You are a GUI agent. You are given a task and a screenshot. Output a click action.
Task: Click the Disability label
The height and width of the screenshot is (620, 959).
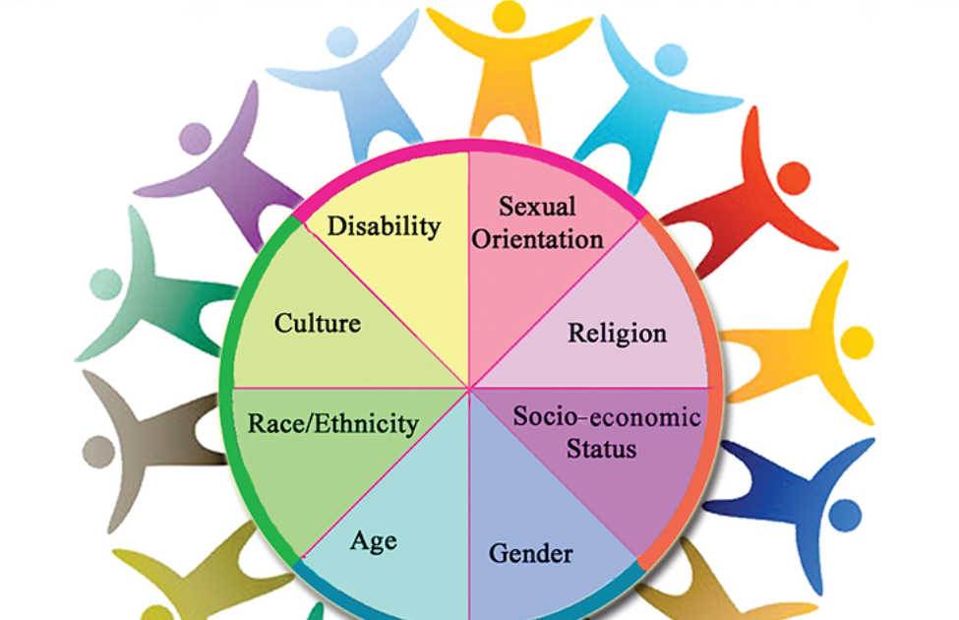pyautogui.click(x=384, y=226)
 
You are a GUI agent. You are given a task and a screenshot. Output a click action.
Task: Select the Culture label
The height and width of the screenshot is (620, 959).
pyautogui.click(x=317, y=323)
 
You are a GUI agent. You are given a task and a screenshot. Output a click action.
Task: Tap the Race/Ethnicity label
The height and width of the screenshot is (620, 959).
pyautogui.click(x=333, y=424)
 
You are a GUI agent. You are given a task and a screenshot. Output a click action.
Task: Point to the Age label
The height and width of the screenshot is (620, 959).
pyautogui.click(x=374, y=540)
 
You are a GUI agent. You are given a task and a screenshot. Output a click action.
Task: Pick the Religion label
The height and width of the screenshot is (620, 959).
pyautogui.click(x=617, y=333)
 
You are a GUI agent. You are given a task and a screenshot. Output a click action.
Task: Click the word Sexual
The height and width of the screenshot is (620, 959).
pyautogui.click(x=537, y=207)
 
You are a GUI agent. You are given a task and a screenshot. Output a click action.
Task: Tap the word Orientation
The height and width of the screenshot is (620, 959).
pyautogui.click(x=538, y=238)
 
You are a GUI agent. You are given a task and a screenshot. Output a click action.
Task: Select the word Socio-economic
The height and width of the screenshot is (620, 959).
pyautogui.click(x=607, y=416)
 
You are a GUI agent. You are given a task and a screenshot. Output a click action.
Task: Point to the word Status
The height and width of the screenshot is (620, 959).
pyautogui.click(x=602, y=449)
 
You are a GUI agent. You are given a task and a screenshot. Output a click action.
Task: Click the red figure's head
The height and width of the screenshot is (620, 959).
pyautogui.click(x=793, y=178)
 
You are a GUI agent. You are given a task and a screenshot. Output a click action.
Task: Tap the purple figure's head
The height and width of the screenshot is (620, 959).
pyautogui.click(x=195, y=137)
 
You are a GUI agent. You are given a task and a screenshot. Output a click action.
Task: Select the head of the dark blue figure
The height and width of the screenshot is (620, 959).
pyautogui.click(x=845, y=514)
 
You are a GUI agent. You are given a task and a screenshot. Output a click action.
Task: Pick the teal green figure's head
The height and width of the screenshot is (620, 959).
pyautogui.click(x=105, y=284)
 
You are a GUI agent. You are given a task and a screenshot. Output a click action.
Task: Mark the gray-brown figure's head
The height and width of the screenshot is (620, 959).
pyautogui.click(x=98, y=452)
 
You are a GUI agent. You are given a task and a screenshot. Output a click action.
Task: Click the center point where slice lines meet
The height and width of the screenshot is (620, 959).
pyautogui.click(x=469, y=387)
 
